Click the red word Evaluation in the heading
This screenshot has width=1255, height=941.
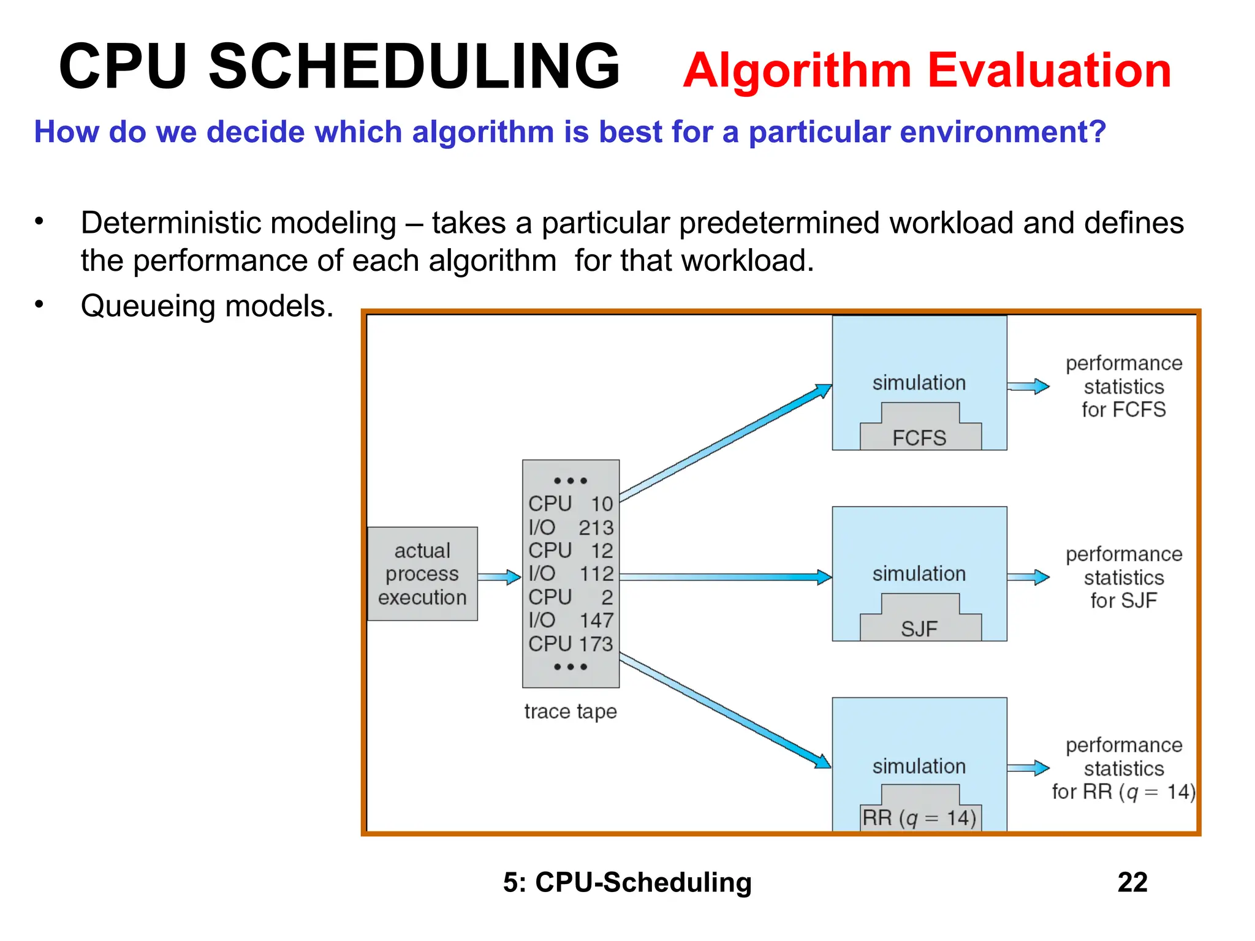click(1048, 70)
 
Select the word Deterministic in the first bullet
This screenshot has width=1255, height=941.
click(238, 223)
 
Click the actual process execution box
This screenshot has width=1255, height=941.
click(422, 574)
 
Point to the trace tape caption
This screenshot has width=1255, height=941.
click(570, 711)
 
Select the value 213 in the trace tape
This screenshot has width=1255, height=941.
click(595, 527)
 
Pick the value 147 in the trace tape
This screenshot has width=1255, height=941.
click(596, 621)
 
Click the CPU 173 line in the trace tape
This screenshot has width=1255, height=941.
click(570, 644)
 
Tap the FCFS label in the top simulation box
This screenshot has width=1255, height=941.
click(919, 438)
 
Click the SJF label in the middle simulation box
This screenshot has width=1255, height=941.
click(919, 629)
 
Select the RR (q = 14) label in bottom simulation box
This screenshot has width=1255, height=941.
click(919, 818)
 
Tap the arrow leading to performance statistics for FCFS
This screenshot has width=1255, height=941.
click(1028, 387)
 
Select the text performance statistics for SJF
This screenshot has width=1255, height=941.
click(1123, 578)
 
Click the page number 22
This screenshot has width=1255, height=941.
click(1132, 882)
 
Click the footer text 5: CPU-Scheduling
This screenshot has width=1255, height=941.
click(627, 882)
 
